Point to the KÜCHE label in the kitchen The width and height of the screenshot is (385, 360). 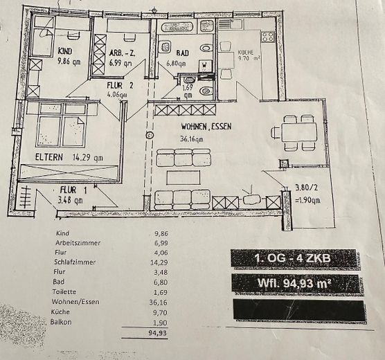[247, 52]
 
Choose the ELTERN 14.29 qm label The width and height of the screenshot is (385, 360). [69, 157]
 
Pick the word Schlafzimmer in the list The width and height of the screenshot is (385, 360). [77, 263]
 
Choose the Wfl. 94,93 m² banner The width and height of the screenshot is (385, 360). [295, 282]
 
